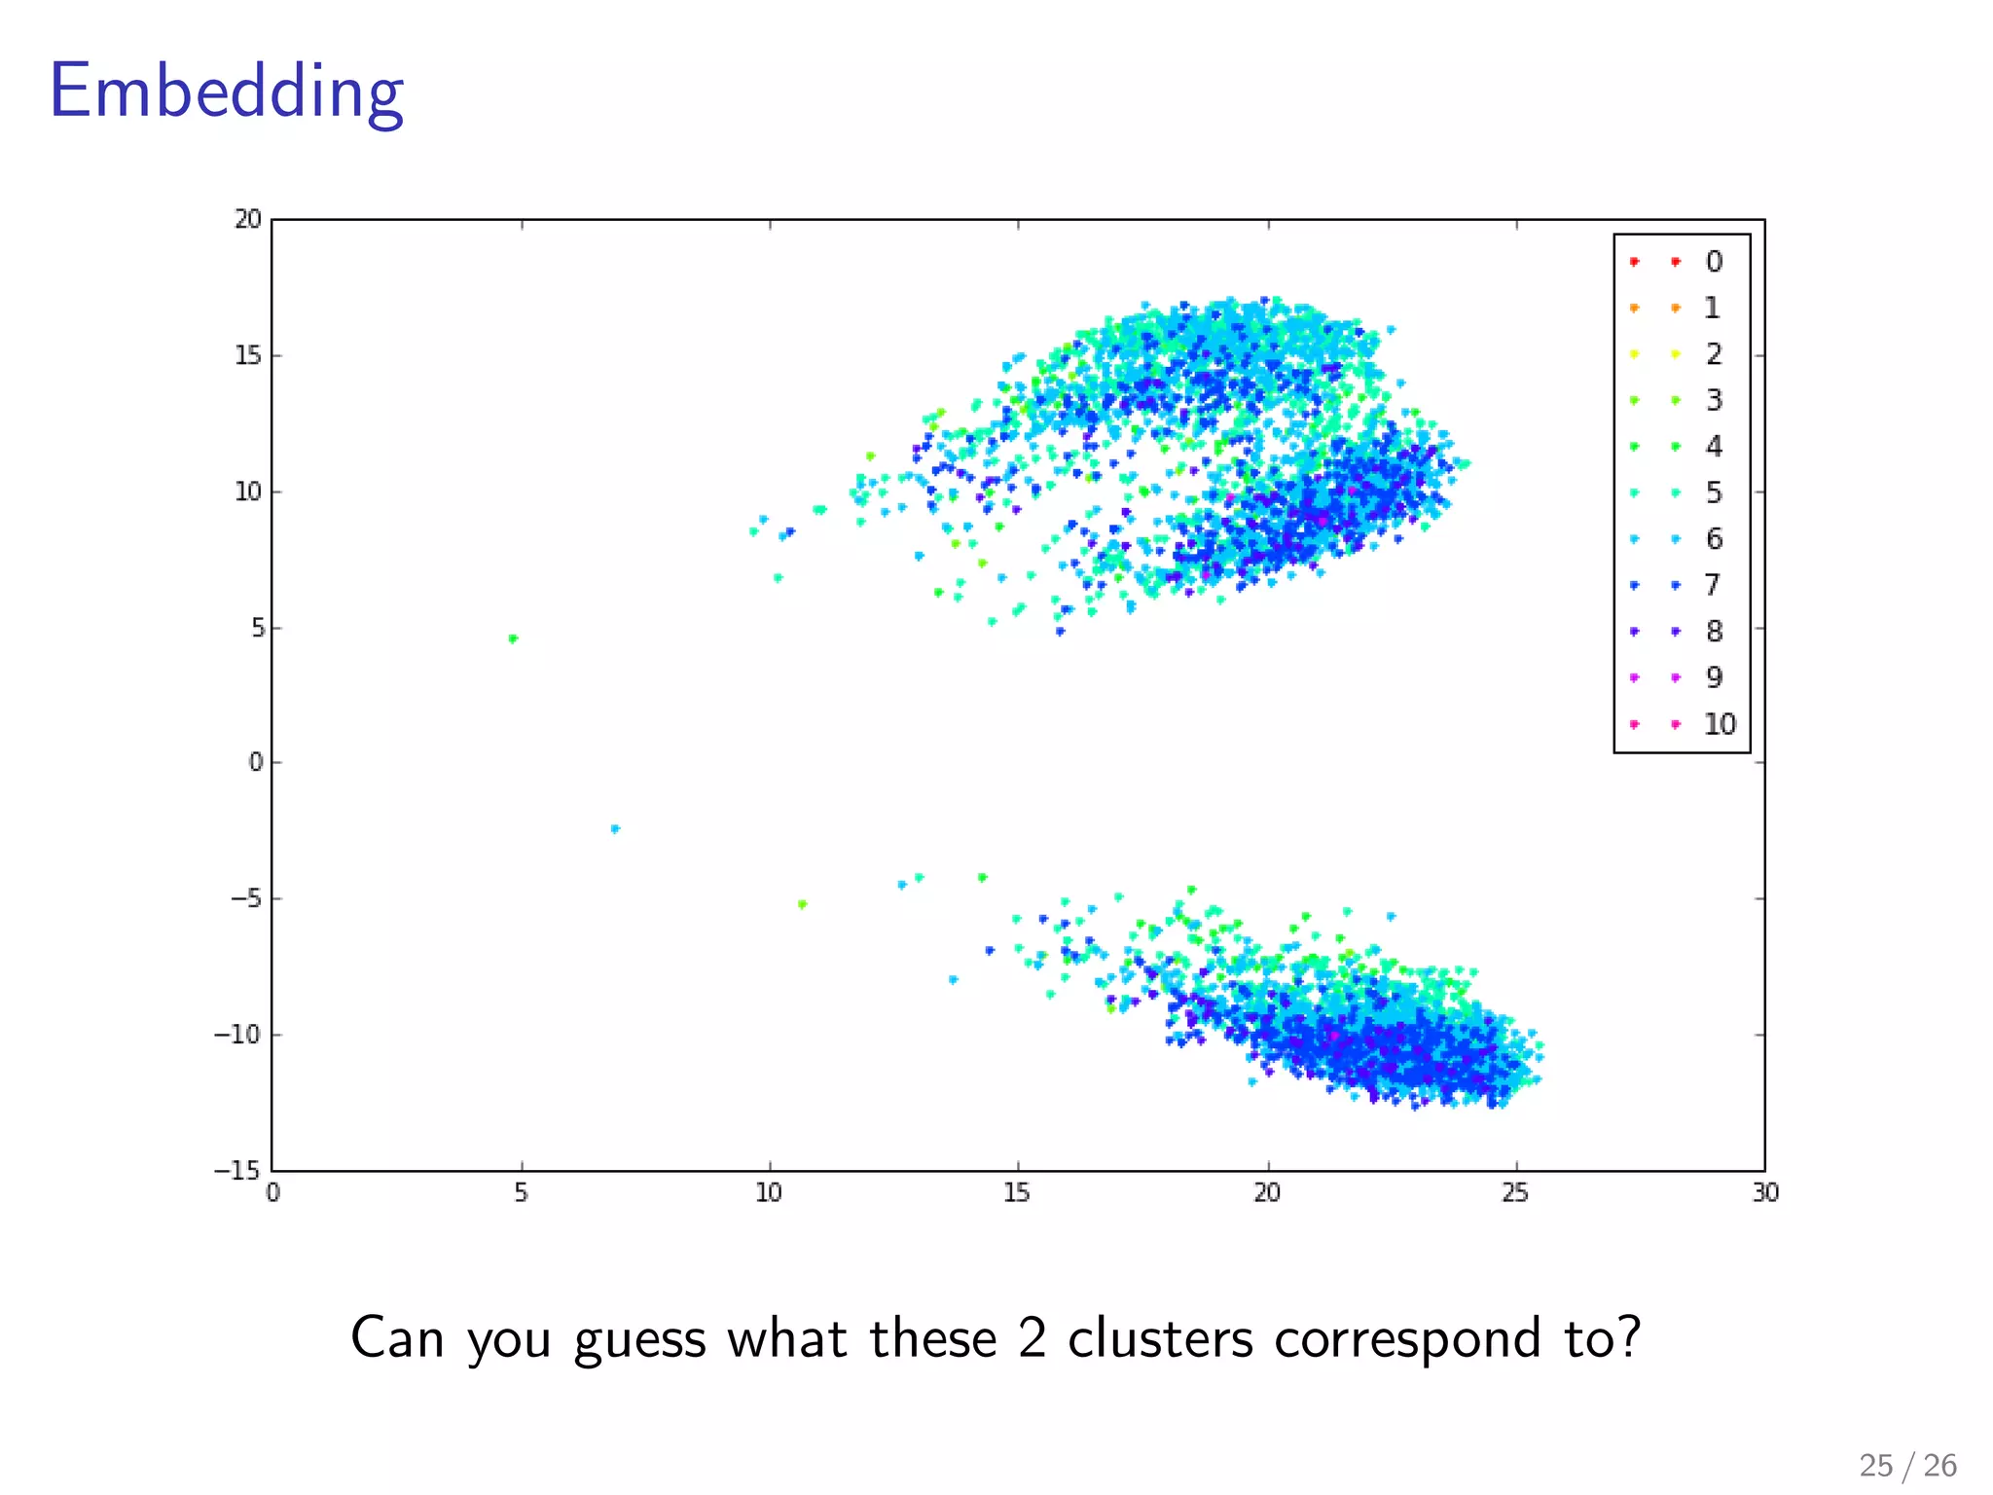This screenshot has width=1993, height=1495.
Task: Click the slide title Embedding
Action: (x=226, y=92)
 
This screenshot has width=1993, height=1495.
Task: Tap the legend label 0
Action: (x=1714, y=262)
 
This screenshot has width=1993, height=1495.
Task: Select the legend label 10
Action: (x=1720, y=724)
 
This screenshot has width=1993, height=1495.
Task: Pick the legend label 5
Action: (x=1714, y=492)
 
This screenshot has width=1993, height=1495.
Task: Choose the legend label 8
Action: (x=1714, y=632)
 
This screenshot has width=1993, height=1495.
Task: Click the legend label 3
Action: (x=1714, y=400)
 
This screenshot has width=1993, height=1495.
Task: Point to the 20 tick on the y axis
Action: (x=248, y=220)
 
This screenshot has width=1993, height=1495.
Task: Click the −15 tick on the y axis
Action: (x=237, y=1170)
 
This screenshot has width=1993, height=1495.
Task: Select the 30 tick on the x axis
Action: (x=1765, y=1193)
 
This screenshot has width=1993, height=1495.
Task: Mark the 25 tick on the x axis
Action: (x=1515, y=1193)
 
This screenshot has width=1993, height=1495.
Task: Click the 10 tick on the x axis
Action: (x=769, y=1193)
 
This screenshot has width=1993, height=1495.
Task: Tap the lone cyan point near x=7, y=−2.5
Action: (x=615, y=829)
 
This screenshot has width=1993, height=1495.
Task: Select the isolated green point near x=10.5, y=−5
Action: (x=802, y=904)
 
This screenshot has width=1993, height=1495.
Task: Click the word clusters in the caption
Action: (x=1160, y=1338)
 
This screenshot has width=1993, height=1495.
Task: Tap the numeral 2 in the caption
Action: (x=1032, y=1338)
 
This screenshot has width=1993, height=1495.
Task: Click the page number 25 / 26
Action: (x=1907, y=1466)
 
